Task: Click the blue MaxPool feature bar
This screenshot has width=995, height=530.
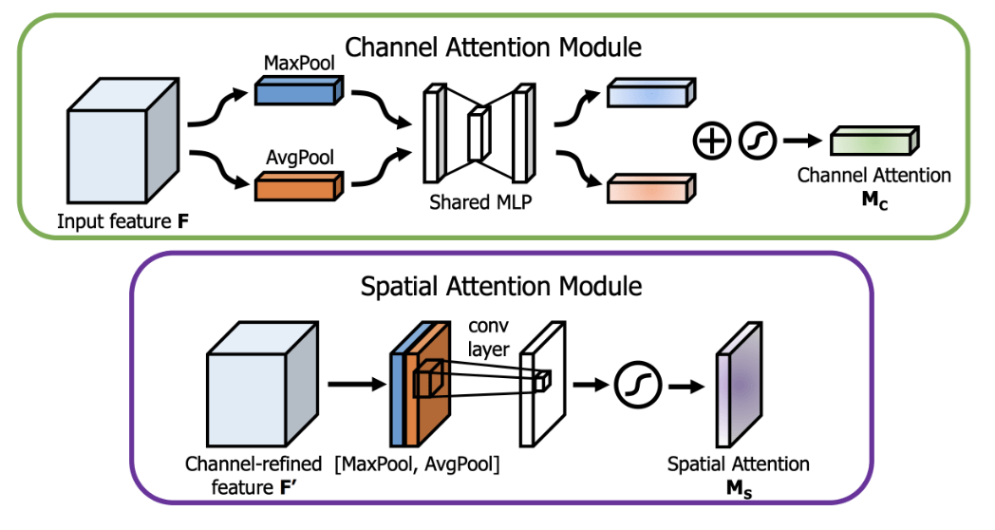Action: pyautogui.click(x=295, y=93)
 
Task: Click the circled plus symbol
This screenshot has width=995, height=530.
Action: pyautogui.click(x=713, y=141)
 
